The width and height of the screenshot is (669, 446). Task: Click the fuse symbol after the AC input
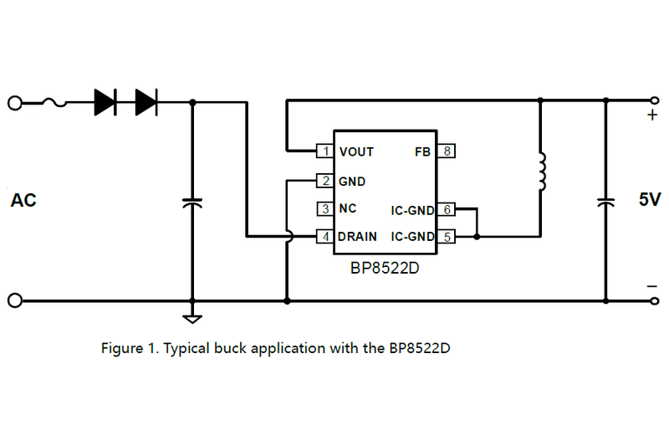tap(55, 102)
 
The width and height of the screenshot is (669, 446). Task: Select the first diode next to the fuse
tap(105, 102)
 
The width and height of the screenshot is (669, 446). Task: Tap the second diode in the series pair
tap(146, 102)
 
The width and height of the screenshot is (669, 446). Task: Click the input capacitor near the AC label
tap(192, 203)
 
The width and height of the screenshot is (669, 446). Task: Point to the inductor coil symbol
tap(540, 172)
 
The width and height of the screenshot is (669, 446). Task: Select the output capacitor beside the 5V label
tap(605, 202)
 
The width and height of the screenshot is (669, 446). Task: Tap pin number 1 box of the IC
tap(324, 151)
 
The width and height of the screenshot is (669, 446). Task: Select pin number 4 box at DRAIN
tap(324, 237)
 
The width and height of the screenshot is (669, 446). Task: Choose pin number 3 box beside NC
tap(324, 208)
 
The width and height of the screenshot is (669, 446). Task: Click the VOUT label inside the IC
tap(356, 151)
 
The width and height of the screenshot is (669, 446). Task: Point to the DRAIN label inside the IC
tap(358, 237)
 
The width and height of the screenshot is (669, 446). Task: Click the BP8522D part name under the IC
tap(385, 269)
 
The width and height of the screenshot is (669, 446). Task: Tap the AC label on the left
tap(23, 201)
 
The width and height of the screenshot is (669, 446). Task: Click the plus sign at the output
tap(652, 115)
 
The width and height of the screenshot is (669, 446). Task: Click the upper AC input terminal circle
tap(14, 102)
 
